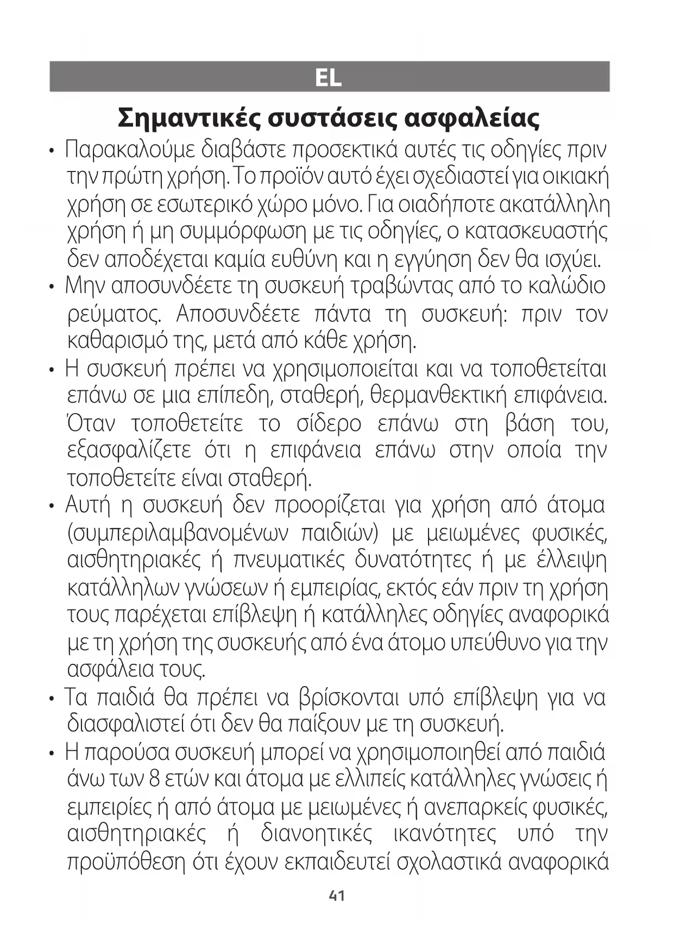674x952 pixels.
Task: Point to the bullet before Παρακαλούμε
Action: [52, 150]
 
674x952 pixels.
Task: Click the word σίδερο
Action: [329, 423]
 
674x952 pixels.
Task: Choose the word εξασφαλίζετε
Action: [129, 450]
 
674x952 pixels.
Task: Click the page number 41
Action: [337, 896]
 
